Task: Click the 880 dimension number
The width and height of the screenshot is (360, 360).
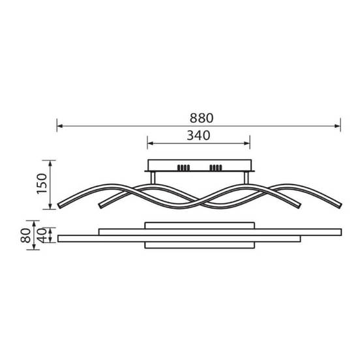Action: point(202,118)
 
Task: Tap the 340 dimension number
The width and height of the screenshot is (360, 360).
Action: point(198,136)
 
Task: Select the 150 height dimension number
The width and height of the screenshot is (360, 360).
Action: point(42,184)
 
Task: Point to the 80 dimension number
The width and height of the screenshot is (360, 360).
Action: point(25,235)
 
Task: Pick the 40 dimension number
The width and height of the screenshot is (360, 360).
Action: point(42,235)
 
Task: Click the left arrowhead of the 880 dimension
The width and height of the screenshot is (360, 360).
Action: point(60,126)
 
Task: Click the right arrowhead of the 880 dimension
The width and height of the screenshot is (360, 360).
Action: point(338,126)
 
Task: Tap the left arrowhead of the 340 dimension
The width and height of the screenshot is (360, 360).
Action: point(151,143)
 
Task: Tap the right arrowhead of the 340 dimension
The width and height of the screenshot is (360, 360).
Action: point(247,143)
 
